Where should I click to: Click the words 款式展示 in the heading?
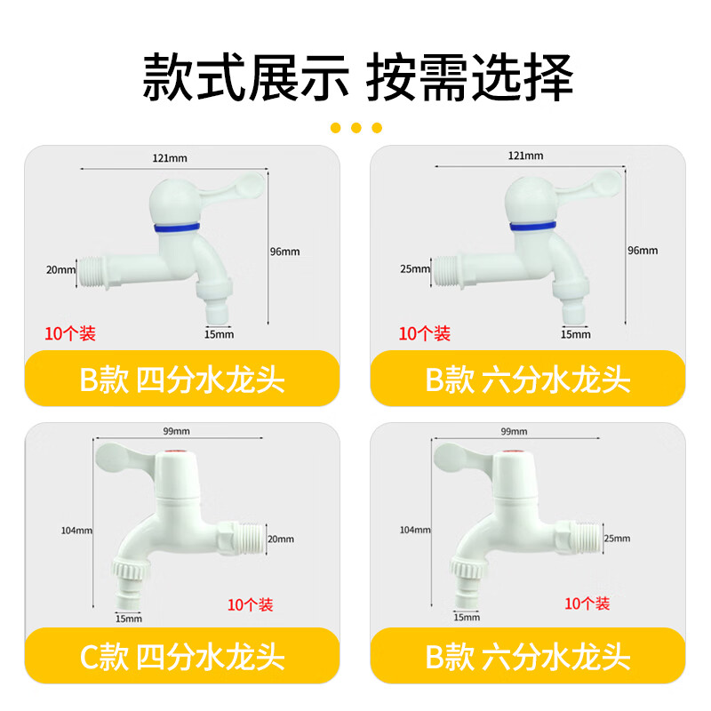coord(246,77)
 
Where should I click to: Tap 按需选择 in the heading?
coord(470,77)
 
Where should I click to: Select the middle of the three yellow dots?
coord(356,128)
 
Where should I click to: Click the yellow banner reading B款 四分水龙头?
coord(182,379)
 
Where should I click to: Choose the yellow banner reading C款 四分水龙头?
coord(182,656)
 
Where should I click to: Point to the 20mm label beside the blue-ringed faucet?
coord(60,270)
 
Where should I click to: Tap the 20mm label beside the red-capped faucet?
coord(281,539)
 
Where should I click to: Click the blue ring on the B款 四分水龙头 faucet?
coord(177,227)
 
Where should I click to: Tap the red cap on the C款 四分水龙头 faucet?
coord(177,452)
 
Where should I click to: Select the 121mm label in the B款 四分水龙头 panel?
coord(170,158)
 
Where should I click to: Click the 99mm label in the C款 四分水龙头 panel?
coord(176,431)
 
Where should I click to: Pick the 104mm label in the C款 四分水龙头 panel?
coord(76,531)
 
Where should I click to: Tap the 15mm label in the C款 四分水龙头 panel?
coord(129,619)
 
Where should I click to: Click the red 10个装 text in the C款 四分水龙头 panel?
coord(251,604)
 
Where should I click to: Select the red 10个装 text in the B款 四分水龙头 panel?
coord(70,334)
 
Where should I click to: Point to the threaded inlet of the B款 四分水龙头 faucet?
coord(92,272)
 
